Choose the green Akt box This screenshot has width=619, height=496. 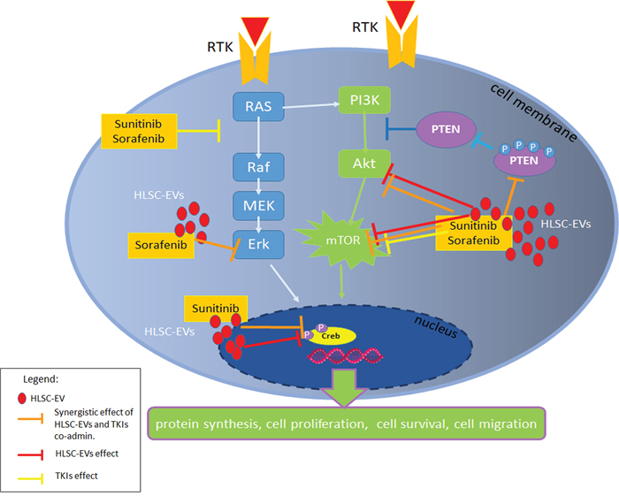pos(365,163)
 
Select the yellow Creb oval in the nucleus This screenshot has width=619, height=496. pos(332,336)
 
